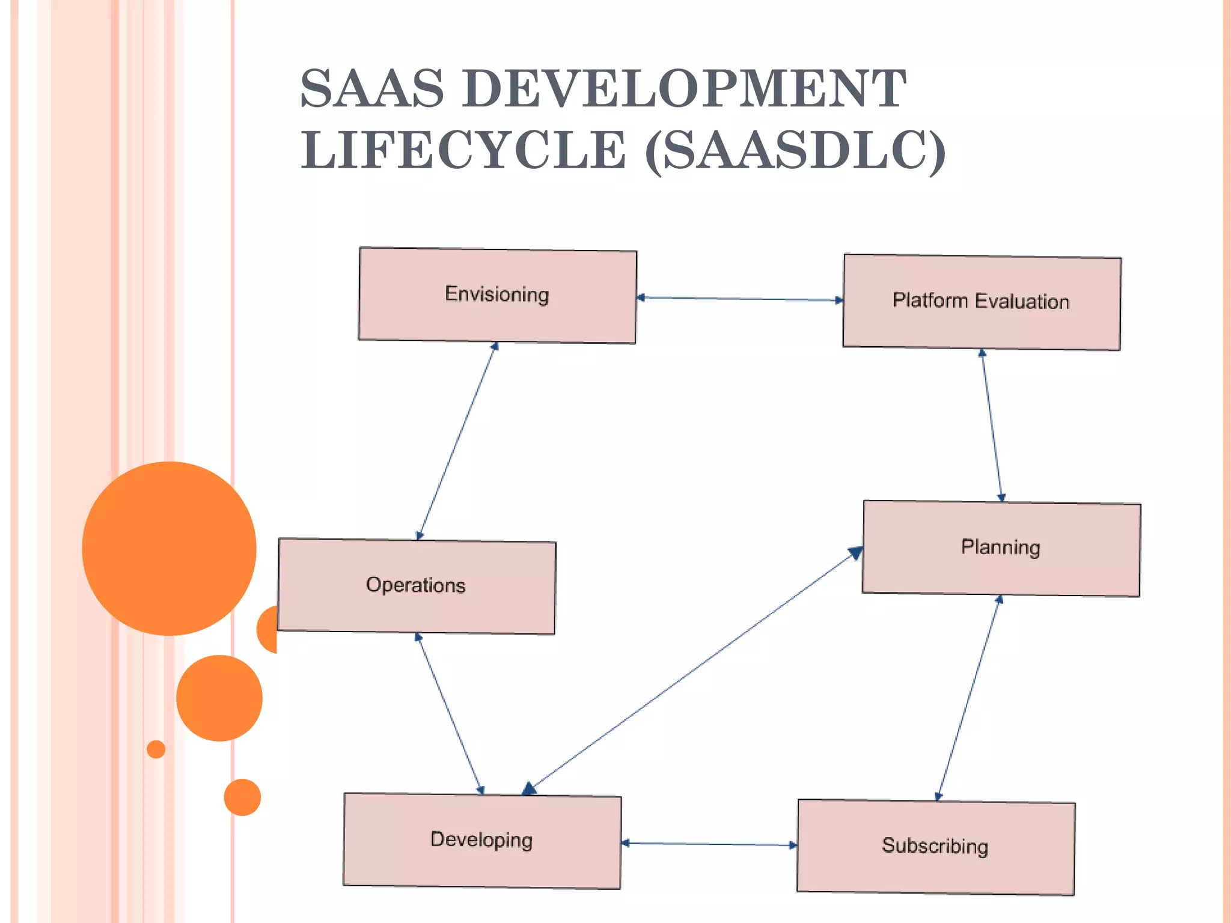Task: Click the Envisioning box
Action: pyautogui.click(x=497, y=295)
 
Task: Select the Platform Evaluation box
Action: pyautogui.click(x=982, y=302)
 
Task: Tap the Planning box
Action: pyautogui.click(x=1001, y=548)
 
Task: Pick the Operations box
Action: pyautogui.click(x=416, y=586)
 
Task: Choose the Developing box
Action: pyautogui.click(x=482, y=840)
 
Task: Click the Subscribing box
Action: pyautogui.click(x=936, y=847)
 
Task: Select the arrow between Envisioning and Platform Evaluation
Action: pyautogui.click(x=740, y=299)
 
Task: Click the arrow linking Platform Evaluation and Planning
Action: pyautogui.click(x=992, y=425)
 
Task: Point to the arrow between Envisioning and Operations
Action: pyautogui.click(x=457, y=440)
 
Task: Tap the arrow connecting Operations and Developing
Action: pyautogui.click(x=450, y=714)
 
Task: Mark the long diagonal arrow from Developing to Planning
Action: pyautogui.click(x=691, y=672)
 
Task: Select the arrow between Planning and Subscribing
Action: pyautogui.click(x=968, y=698)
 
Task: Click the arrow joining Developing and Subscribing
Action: pyautogui.click(x=709, y=844)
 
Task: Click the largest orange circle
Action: pyautogui.click(x=169, y=548)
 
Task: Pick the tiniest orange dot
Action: pyautogui.click(x=156, y=749)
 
